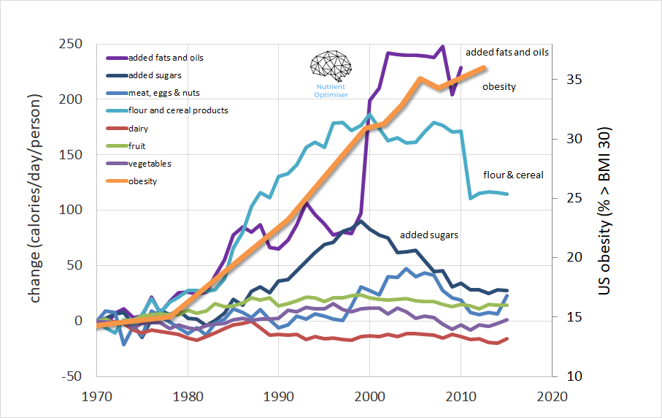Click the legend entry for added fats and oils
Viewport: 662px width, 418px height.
click(x=165, y=58)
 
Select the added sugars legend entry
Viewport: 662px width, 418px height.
click(x=154, y=75)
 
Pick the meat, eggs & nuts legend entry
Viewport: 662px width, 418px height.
click(x=163, y=93)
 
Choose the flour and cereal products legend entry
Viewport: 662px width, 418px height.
click(x=177, y=110)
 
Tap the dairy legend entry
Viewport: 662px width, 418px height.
click(x=139, y=129)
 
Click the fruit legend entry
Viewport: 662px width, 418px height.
click(x=136, y=146)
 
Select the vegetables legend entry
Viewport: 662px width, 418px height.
click(x=150, y=164)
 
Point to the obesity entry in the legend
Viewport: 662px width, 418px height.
click(x=142, y=181)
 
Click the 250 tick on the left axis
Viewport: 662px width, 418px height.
click(x=70, y=44)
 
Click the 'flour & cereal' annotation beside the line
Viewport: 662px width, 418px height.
click(x=513, y=175)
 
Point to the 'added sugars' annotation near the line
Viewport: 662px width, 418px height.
click(x=429, y=235)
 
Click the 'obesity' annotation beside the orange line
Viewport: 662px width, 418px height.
click(x=499, y=87)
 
